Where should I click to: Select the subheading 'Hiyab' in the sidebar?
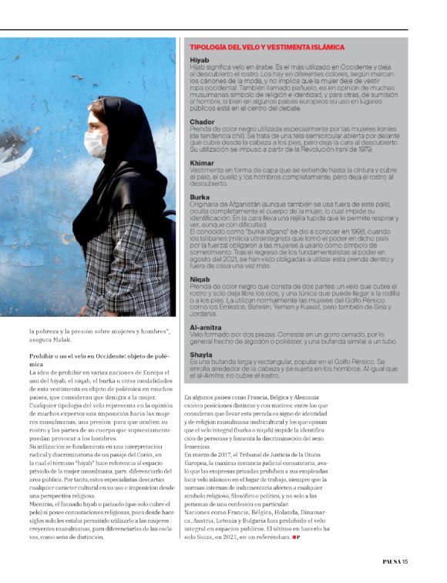pyautogui.click(x=199, y=60)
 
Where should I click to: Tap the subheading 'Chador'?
pyautogui.click(x=202, y=122)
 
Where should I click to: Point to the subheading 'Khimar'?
pyautogui.click(x=202, y=163)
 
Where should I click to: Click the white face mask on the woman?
pyautogui.click(x=96, y=143)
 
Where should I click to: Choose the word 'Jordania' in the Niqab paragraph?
pyautogui.click(x=203, y=315)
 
